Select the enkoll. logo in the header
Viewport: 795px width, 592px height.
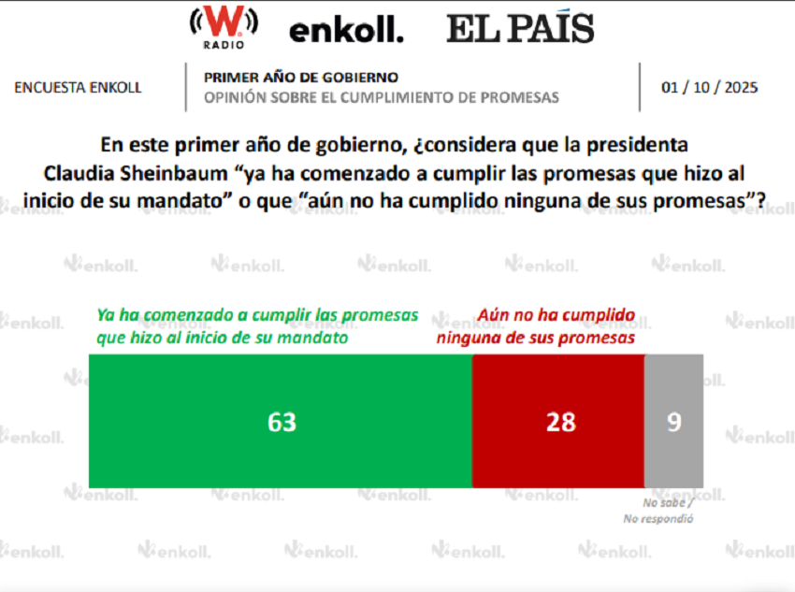pyautogui.click(x=346, y=31)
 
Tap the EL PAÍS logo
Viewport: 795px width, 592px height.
pyautogui.click(x=520, y=29)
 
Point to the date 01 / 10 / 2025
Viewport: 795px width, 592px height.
pyautogui.click(x=710, y=87)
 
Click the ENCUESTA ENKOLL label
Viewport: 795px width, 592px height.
pyautogui.click(x=79, y=87)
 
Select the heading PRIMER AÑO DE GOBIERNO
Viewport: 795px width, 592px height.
pyautogui.click(x=301, y=78)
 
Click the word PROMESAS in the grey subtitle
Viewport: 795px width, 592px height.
pyautogui.click(x=524, y=97)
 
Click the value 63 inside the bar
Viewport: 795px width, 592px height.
pyautogui.click(x=282, y=422)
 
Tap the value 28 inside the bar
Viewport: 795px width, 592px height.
pyautogui.click(x=560, y=422)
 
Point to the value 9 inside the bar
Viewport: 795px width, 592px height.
pyautogui.click(x=673, y=422)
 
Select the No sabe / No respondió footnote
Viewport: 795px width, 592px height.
pyautogui.click(x=658, y=511)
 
